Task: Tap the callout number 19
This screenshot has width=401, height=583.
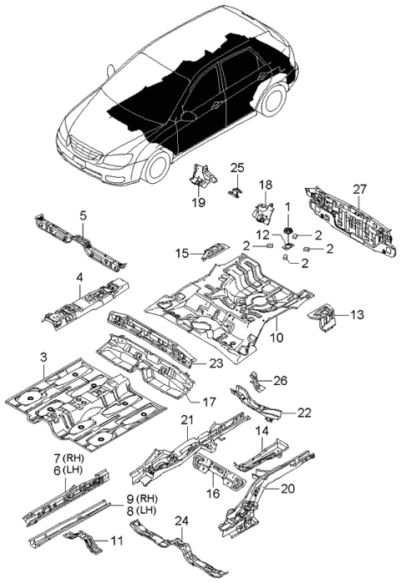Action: point(199,201)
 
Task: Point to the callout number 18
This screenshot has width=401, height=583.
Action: point(265,185)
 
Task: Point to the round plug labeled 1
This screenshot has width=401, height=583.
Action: point(288,230)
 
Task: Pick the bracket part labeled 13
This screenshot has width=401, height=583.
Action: point(324,317)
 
